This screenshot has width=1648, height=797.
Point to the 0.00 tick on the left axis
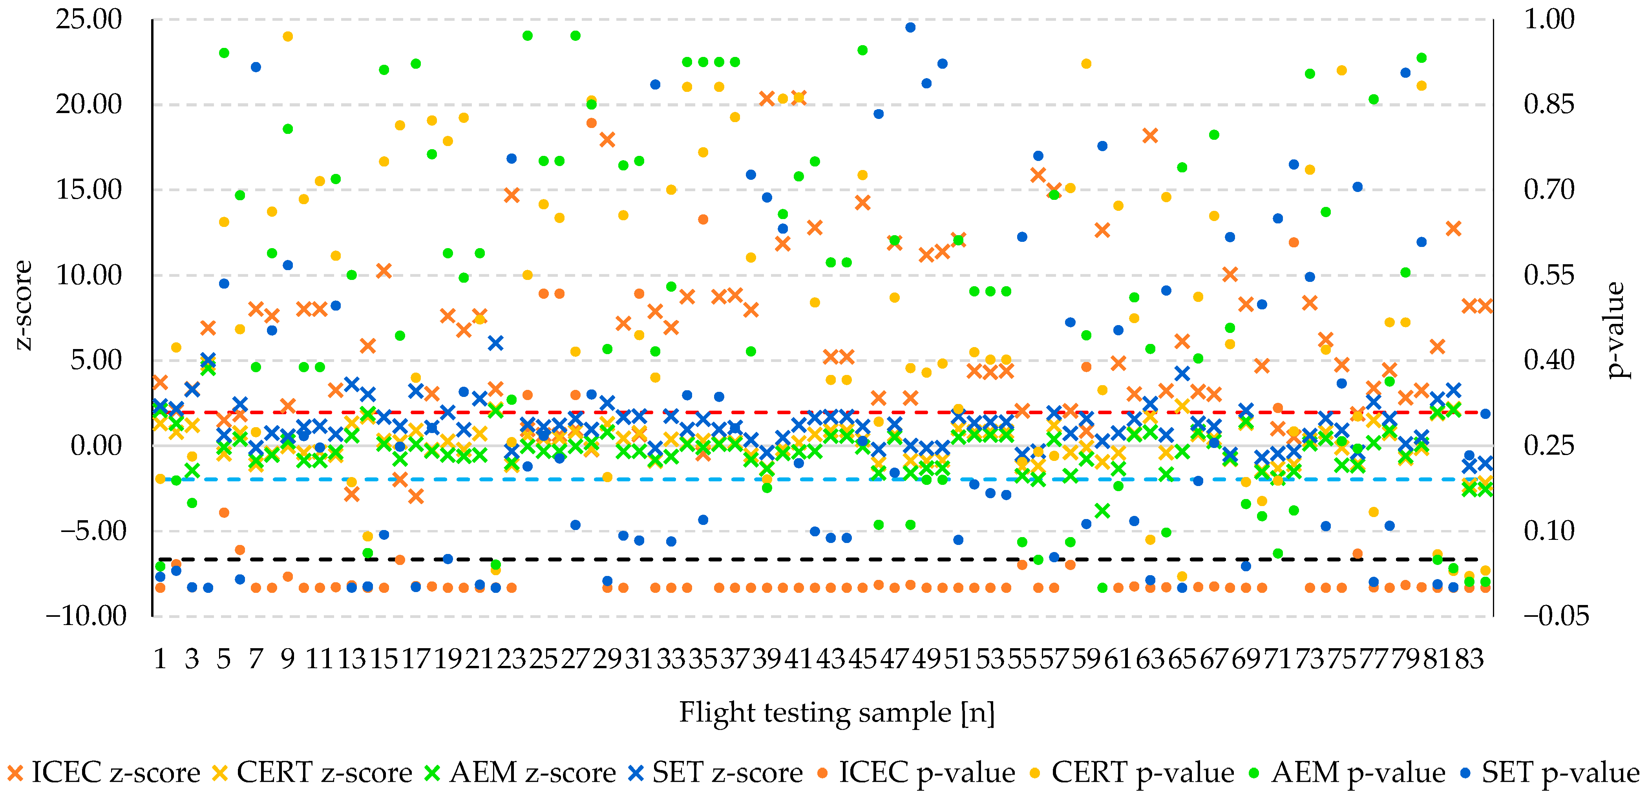[96, 446]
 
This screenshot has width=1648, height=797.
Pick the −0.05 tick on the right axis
[1555, 616]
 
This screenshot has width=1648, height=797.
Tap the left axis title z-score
[23, 305]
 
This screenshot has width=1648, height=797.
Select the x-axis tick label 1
[160, 658]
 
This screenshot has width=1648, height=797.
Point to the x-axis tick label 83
[1469, 658]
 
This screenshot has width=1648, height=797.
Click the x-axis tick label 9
[288, 658]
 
